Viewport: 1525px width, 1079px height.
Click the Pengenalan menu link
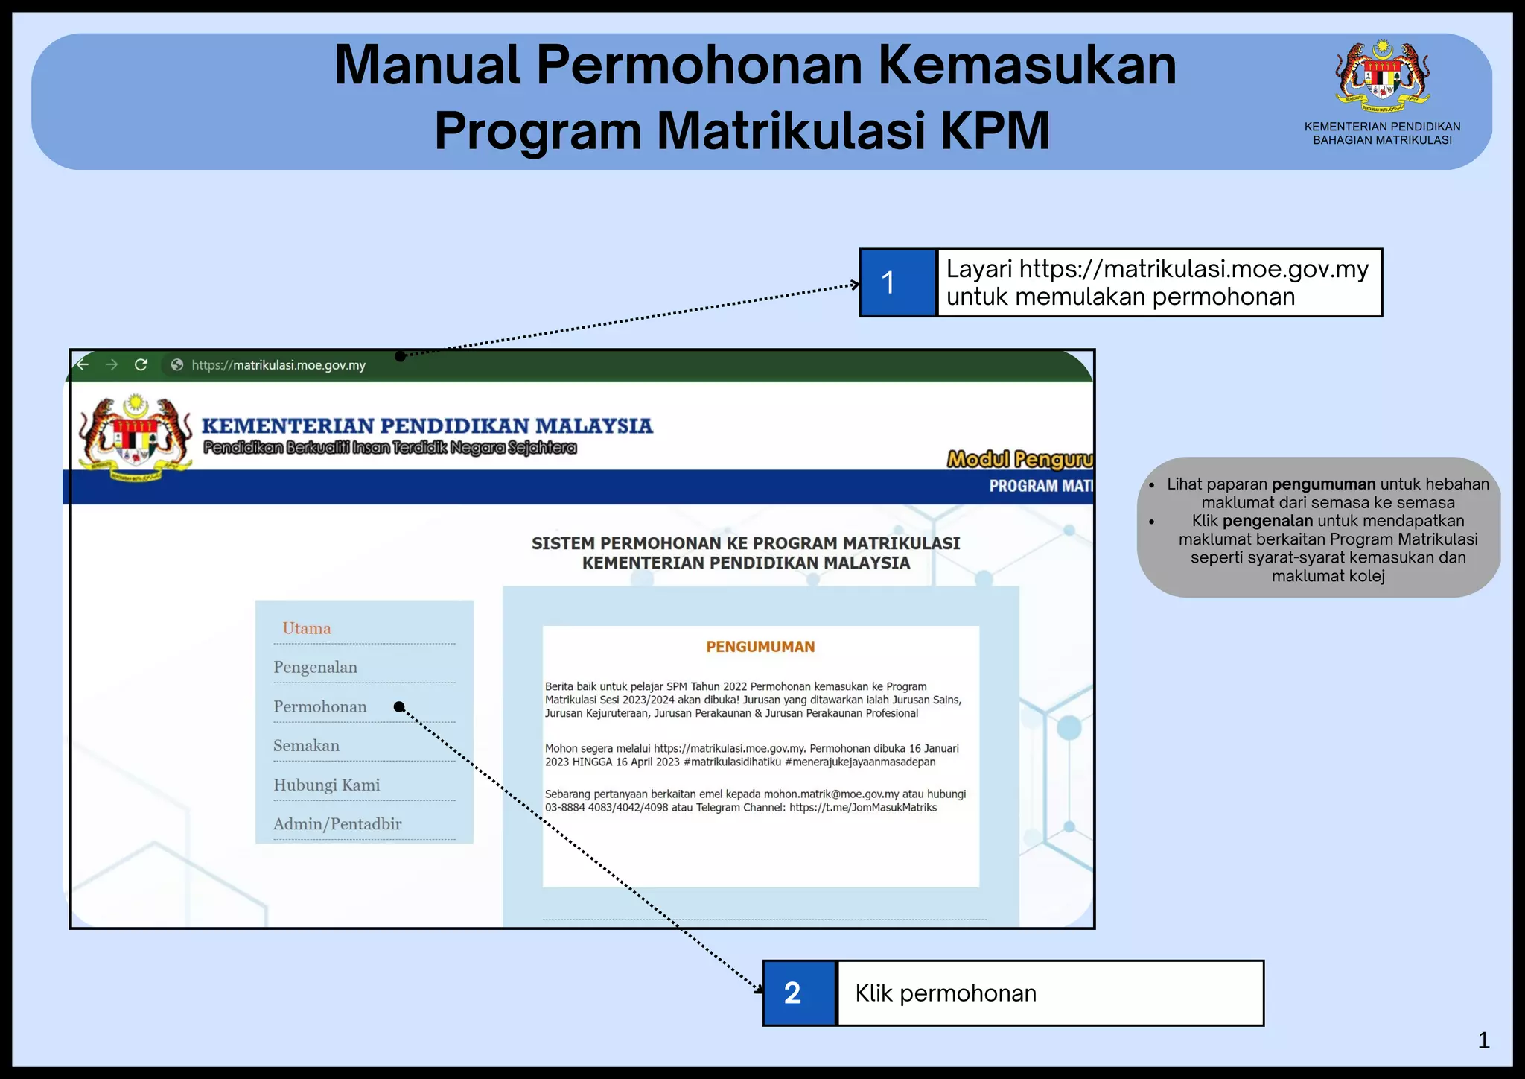pyautogui.click(x=315, y=668)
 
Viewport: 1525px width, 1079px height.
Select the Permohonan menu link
pyautogui.click(x=320, y=706)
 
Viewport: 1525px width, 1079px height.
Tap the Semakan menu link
pyautogui.click(x=306, y=746)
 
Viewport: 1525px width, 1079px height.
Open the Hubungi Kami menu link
pyautogui.click(x=326, y=785)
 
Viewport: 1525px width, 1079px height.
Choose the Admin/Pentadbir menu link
pyautogui.click(x=337, y=824)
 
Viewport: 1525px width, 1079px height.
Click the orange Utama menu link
pyautogui.click(x=307, y=628)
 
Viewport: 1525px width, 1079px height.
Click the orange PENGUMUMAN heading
pyautogui.click(x=760, y=647)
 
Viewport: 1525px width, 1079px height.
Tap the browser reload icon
pyautogui.click(x=141, y=364)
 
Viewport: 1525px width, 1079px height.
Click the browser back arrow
pyautogui.click(x=83, y=364)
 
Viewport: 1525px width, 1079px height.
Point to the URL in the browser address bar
pyautogui.click(x=278, y=365)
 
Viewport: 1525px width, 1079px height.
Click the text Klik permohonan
pyautogui.click(x=946, y=993)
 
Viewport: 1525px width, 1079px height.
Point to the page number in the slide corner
pyautogui.click(x=1483, y=1040)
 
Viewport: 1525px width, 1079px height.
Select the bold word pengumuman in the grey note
pyautogui.click(x=1323, y=484)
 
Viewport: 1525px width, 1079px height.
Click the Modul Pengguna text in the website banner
pyautogui.click(x=1019, y=459)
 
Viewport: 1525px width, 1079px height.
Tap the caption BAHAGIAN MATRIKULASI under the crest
pyautogui.click(x=1382, y=140)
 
